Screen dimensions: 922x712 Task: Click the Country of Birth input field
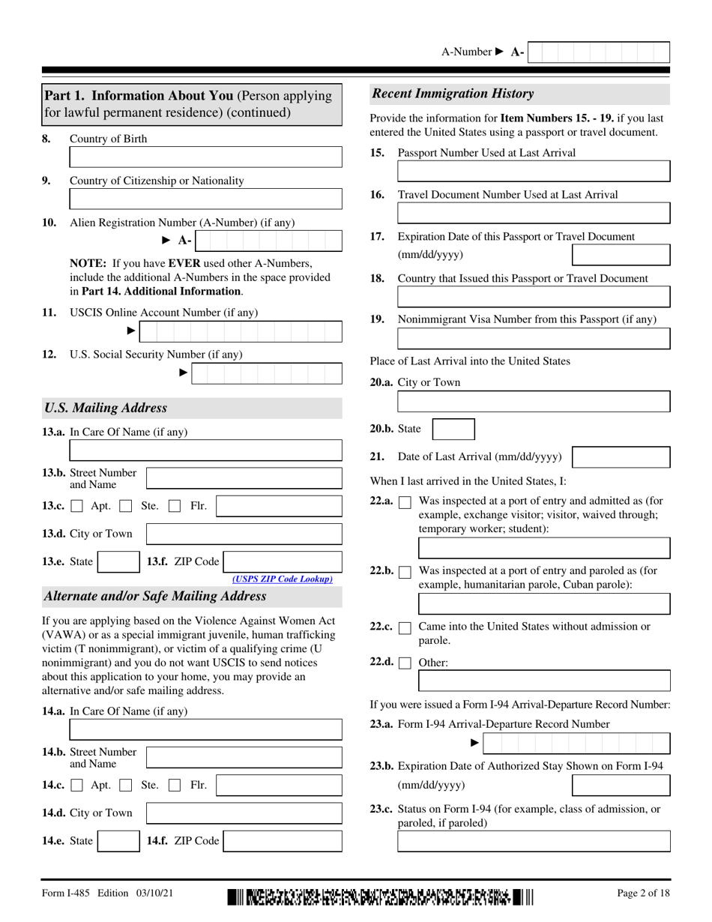pyautogui.click(x=205, y=157)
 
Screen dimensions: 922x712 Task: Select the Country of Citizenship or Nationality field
pyautogui.click(x=205, y=199)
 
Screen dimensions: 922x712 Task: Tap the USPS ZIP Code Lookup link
pyautogui.click(x=283, y=579)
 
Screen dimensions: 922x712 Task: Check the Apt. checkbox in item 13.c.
pyautogui.click(x=77, y=506)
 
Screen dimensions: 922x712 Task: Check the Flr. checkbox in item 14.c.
pyautogui.click(x=175, y=786)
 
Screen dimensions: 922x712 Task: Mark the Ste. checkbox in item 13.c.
pyautogui.click(x=126, y=506)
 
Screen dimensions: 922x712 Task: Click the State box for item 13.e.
pyautogui.click(x=118, y=562)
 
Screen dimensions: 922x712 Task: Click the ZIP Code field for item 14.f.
pyautogui.click(x=283, y=841)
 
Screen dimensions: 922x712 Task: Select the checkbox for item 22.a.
pyautogui.click(x=405, y=502)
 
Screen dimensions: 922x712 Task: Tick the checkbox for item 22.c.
pyautogui.click(x=405, y=627)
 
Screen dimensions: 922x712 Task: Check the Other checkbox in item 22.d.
pyautogui.click(x=405, y=663)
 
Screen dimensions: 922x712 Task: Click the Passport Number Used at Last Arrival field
pyautogui.click(x=534, y=171)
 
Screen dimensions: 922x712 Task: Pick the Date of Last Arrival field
pyautogui.click(x=621, y=457)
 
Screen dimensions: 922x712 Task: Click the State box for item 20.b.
pyautogui.click(x=454, y=430)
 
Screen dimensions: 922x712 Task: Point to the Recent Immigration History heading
pyautogui.click(x=453, y=94)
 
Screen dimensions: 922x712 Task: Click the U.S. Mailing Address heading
pyautogui.click(x=106, y=409)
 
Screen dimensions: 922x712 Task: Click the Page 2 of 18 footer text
pyautogui.click(x=643, y=894)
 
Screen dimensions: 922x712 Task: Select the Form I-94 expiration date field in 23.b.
pyautogui.click(x=621, y=786)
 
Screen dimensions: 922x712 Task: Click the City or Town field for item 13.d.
pyautogui.click(x=244, y=534)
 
